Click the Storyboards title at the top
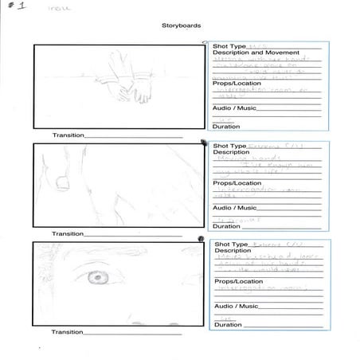tap(179, 25)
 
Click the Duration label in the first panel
tap(226, 127)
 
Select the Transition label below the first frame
tap(68, 135)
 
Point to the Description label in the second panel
tap(231, 153)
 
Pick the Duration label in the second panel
tap(226, 226)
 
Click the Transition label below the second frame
tap(68, 233)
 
